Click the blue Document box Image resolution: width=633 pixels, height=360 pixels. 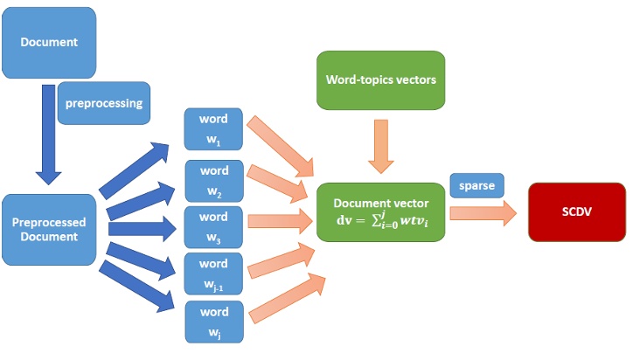tap(49, 42)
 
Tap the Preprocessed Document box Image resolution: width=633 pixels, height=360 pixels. tap(48, 229)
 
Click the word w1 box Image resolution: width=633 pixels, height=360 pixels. tap(213, 129)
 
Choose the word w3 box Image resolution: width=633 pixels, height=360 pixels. tap(213, 225)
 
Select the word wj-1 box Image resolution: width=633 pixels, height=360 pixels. tap(213, 272)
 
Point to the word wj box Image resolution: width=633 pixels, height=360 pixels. tap(213, 320)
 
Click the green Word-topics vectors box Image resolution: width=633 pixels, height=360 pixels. tap(380, 80)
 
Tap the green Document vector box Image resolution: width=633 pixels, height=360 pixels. tap(379, 211)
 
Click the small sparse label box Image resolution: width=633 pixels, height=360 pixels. tap(476, 185)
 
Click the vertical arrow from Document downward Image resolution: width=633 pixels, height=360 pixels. tap(48, 131)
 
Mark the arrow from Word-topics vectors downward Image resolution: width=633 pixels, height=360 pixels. tap(379, 144)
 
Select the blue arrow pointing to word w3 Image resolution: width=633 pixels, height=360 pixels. tap(143, 229)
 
